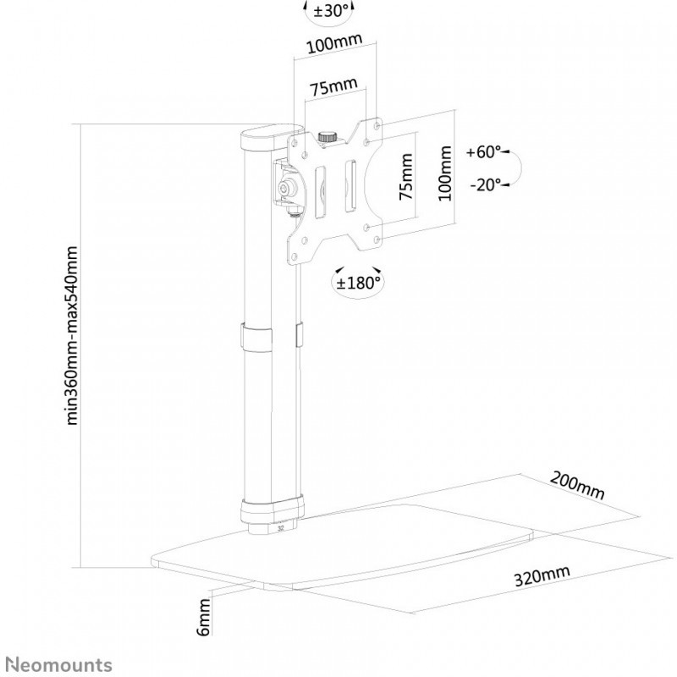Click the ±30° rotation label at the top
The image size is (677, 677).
(330, 11)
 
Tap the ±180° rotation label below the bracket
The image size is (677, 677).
(358, 283)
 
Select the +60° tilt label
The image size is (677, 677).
(483, 152)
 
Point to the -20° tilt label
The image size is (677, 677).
(485, 184)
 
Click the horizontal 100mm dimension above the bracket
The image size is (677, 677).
(334, 43)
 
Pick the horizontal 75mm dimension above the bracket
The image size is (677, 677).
(333, 87)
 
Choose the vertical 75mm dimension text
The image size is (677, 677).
(406, 177)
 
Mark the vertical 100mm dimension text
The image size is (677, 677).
(445, 173)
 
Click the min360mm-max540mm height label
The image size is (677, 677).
(71, 335)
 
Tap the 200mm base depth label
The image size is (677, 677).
(577, 485)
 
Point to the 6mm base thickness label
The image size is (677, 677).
(203, 617)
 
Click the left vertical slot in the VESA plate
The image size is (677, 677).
(321, 191)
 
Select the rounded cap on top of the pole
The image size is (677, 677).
(272, 138)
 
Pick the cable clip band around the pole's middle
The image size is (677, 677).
(257, 337)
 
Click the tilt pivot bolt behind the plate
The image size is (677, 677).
(285, 187)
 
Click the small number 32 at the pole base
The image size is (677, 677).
(281, 528)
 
